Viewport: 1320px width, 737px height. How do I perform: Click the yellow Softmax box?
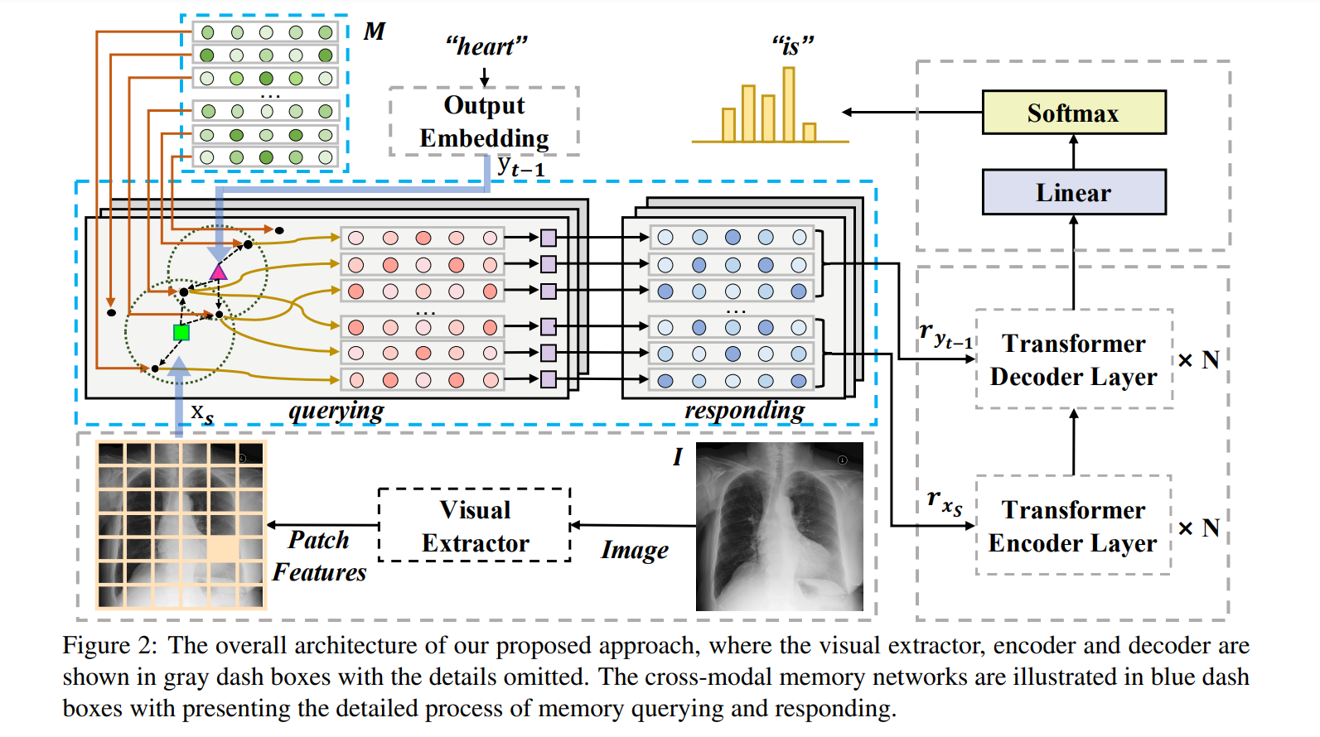(x=1073, y=113)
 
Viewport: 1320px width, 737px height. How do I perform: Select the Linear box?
(x=1073, y=192)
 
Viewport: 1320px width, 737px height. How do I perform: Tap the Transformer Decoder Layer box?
(x=1074, y=359)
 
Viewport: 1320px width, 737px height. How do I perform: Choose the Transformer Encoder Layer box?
(x=1073, y=526)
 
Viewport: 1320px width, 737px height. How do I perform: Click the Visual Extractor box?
(x=475, y=526)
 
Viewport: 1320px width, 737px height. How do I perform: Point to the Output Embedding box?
(x=484, y=121)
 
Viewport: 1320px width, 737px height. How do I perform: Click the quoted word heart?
(x=486, y=46)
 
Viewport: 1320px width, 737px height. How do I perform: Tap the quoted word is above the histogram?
(x=792, y=46)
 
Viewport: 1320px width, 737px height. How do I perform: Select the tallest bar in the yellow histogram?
(x=788, y=104)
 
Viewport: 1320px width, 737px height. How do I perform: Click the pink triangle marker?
(x=218, y=272)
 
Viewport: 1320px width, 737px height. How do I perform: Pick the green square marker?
(x=181, y=332)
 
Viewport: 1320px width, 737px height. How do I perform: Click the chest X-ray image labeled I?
(x=779, y=527)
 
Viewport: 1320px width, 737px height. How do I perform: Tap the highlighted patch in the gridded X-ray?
(x=222, y=549)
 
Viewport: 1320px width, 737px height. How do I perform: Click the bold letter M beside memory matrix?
(x=374, y=31)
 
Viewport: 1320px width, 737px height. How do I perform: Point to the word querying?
(x=336, y=411)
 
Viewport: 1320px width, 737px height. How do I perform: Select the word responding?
(x=743, y=411)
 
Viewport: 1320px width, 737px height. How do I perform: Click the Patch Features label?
(x=319, y=556)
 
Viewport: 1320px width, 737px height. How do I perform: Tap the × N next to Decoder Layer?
(x=1198, y=360)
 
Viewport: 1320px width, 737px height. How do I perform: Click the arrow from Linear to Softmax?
(x=1073, y=152)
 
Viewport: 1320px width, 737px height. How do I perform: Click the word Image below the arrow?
(x=634, y=550)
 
